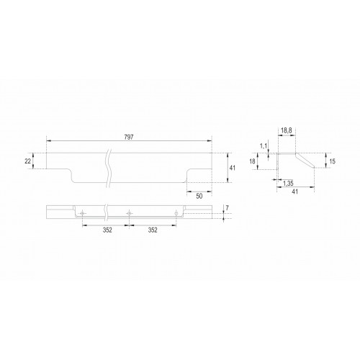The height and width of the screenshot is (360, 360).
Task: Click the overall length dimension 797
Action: (129, 138)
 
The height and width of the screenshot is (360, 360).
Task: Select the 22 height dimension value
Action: (28, 161)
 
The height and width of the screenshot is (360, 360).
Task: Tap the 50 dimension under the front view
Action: (199, 196)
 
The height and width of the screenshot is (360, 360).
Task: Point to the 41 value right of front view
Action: (233, 168)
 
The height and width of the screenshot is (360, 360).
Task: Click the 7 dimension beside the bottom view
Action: (228, 208)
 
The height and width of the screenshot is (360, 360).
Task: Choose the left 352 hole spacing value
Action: (107, 230)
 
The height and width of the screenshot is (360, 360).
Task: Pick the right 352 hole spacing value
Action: (153, 230)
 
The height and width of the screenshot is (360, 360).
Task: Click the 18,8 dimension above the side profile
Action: (287, 131)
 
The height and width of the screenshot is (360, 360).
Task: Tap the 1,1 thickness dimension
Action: (264, 145)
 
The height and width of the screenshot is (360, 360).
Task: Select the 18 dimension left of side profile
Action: (252, 161)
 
